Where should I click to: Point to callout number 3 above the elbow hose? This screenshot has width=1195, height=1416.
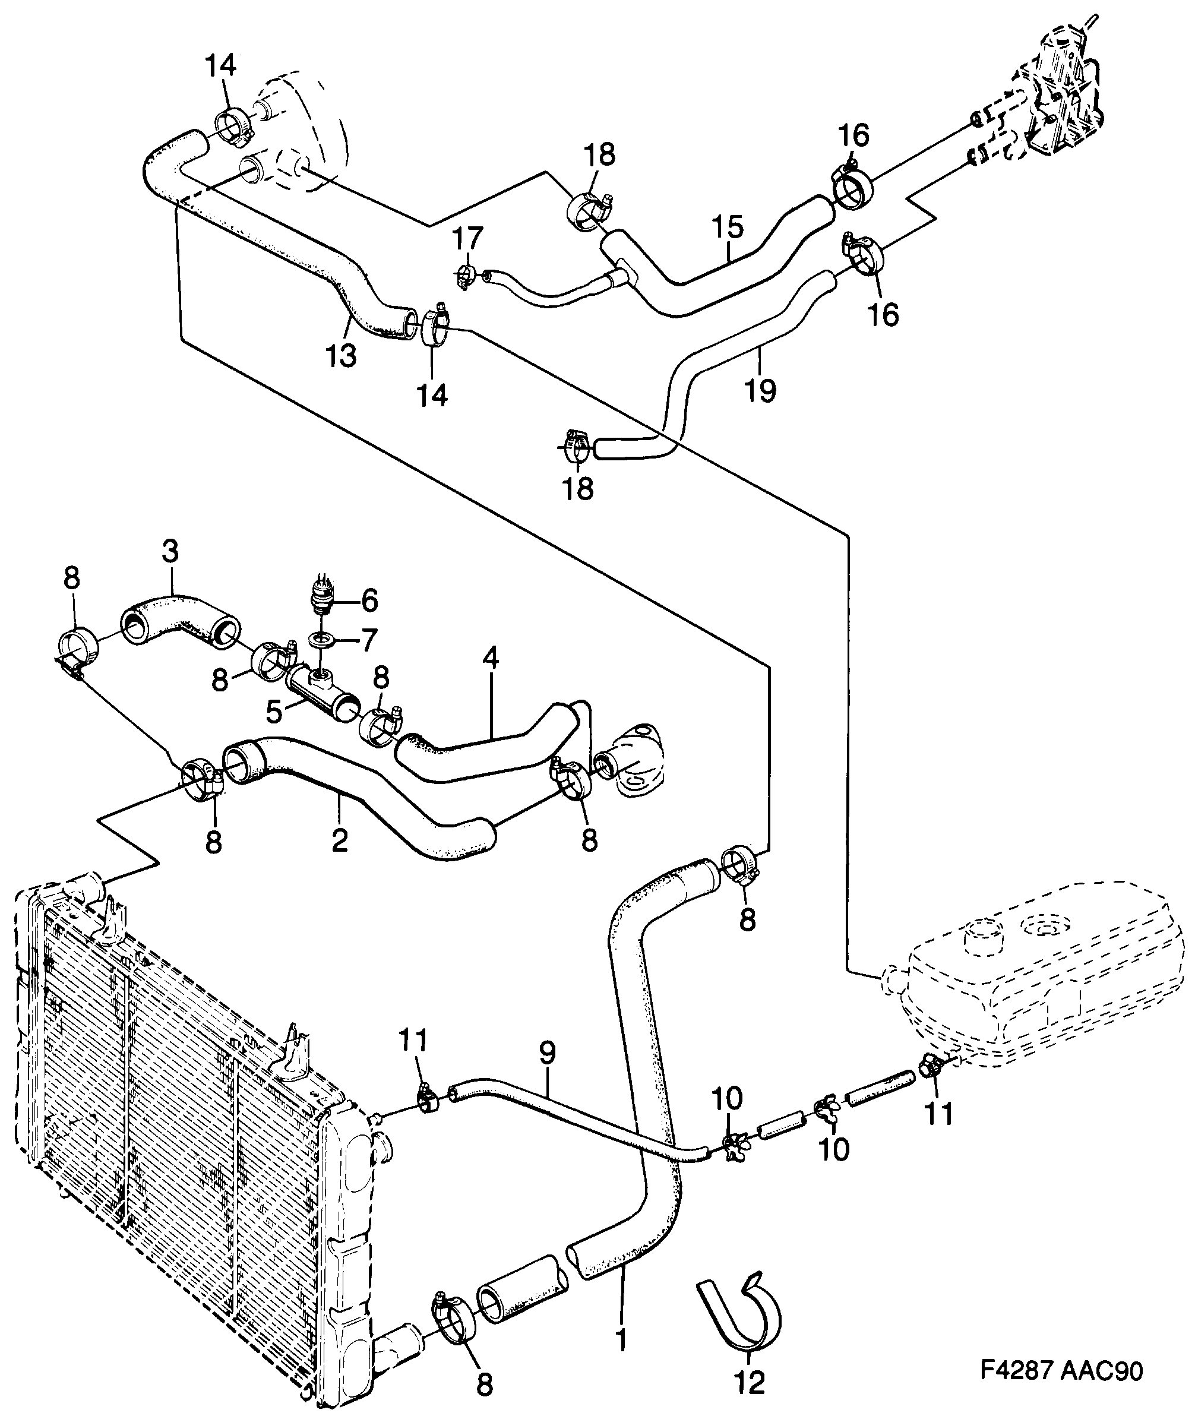170,552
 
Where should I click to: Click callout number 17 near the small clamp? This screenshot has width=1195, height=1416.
467,239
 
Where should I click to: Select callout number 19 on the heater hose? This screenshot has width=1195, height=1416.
761,391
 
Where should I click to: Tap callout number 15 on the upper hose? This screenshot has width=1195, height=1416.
728,227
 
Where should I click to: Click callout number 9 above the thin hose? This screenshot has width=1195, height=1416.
548,1054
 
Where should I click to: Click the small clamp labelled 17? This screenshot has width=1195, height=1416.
464,276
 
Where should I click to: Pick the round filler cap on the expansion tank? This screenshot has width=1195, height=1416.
981,937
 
